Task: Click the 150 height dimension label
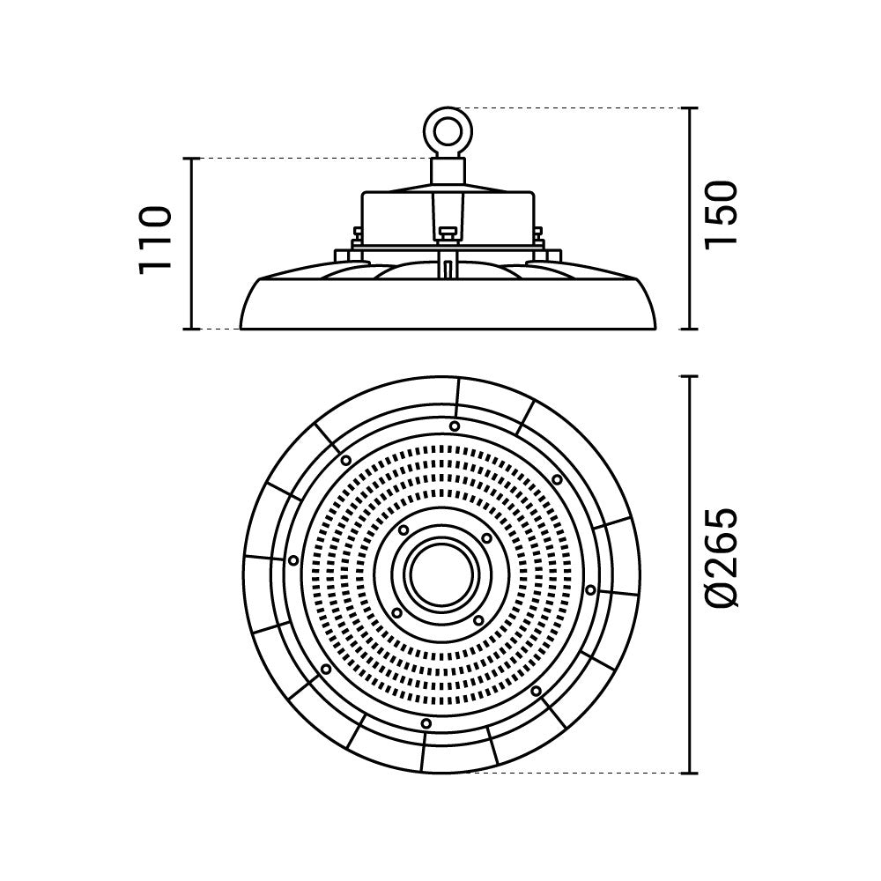point(720,214)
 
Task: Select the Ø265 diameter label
point(720,558)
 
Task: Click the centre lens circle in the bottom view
point(441,574)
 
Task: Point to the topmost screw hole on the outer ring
point(455,426)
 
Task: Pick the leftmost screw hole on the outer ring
point(292,560)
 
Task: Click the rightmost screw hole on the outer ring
point(590,589)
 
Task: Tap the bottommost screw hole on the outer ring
point(426,723)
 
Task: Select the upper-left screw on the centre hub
point(403,529)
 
